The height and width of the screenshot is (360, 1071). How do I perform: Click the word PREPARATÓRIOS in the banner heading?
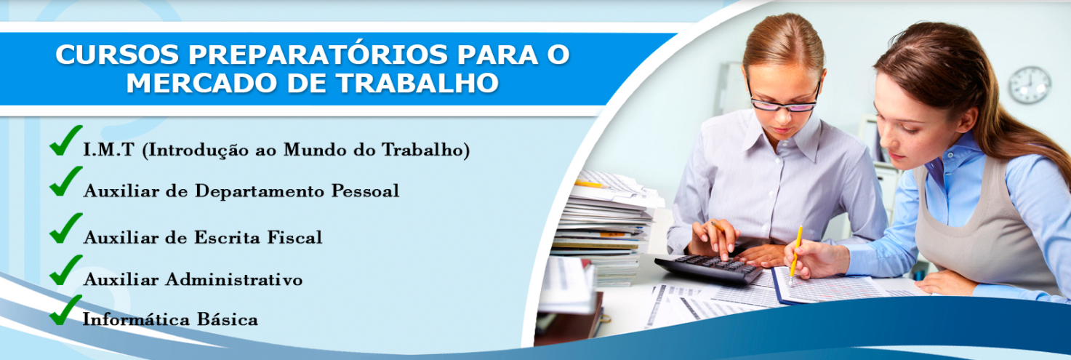click(x=318, y=54)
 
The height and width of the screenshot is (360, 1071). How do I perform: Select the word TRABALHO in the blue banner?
click(x=417, y=83)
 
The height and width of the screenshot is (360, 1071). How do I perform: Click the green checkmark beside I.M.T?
click(x=65, y=140)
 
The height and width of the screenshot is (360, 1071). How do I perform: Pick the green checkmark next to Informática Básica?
click(x=65, y=311)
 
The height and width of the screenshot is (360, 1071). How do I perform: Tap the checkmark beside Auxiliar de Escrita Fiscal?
click(x=65, y=228)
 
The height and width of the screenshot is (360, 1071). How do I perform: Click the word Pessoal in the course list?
click(x=365, y=191)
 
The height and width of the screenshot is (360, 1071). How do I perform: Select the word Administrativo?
click(x=234, y=279)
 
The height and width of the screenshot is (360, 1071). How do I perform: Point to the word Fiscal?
click(x=294, y=237)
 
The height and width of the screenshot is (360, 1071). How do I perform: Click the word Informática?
click(x=136, y=319)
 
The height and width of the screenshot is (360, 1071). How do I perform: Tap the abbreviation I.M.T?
click(x=108, y=150)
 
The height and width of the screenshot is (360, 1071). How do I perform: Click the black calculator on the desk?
click(x=707, y=268)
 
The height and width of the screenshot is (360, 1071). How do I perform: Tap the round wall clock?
click(x=1030, y=85)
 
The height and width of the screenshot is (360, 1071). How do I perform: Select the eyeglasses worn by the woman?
click(x=784, y=100)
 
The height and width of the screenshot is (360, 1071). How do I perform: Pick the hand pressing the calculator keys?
click(x=715, y=239)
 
